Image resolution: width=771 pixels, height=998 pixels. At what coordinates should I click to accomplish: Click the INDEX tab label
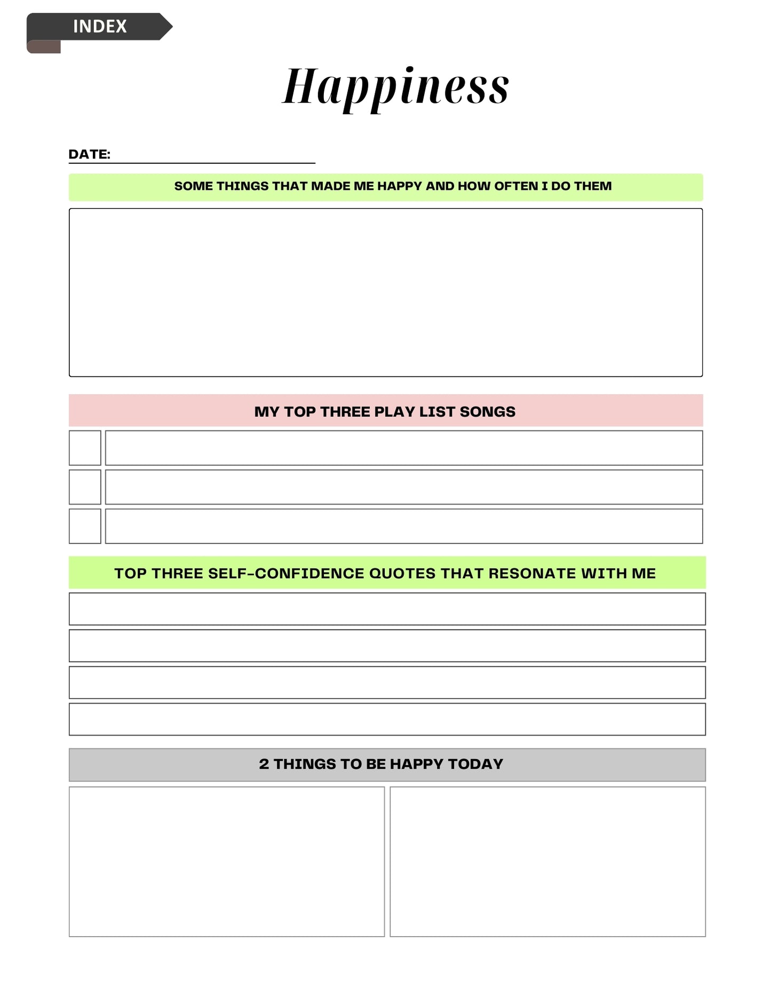[100, 26]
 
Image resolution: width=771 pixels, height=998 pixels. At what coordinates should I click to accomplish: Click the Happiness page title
[395, 87]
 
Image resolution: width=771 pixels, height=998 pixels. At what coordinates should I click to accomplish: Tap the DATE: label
[89, 155]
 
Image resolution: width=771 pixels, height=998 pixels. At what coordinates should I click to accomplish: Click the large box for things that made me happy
[385, 292]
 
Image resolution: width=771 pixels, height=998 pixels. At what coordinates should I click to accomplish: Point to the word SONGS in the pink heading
[487, 412]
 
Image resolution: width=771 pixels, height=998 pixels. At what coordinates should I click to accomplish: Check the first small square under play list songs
[85, 448]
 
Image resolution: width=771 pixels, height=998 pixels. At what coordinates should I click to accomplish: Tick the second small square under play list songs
[85, 487]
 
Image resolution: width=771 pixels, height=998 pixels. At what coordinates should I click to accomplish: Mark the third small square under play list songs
[85, 526]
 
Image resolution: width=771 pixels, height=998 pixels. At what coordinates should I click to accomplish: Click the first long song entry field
[403, 448]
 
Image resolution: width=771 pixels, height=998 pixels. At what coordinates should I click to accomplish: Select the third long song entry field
[403, 526]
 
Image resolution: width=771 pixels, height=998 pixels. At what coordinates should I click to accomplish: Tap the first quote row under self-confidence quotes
[387, 609]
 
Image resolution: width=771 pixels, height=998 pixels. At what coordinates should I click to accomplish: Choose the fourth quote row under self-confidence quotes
[387, 719]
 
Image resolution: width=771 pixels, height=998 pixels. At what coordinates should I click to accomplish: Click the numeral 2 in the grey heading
[264, 764]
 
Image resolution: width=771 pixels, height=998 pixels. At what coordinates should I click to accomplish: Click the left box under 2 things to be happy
[226, 861]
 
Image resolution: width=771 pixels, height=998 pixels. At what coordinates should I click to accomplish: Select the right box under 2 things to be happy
[547, 861]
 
